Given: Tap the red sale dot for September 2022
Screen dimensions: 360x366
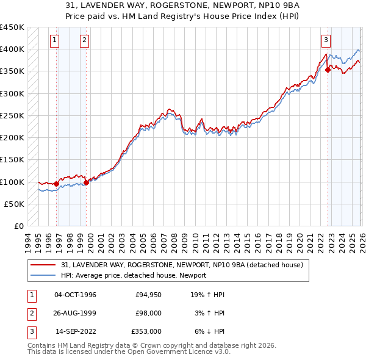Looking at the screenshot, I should coord(328,70).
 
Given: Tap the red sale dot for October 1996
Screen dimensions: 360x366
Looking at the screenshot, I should coord(57,184).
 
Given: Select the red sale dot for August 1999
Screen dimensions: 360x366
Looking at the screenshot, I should coord(86,182).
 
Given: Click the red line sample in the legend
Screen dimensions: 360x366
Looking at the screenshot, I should coord(43,265).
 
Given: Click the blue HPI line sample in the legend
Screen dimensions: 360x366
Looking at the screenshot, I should coord(43,275).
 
